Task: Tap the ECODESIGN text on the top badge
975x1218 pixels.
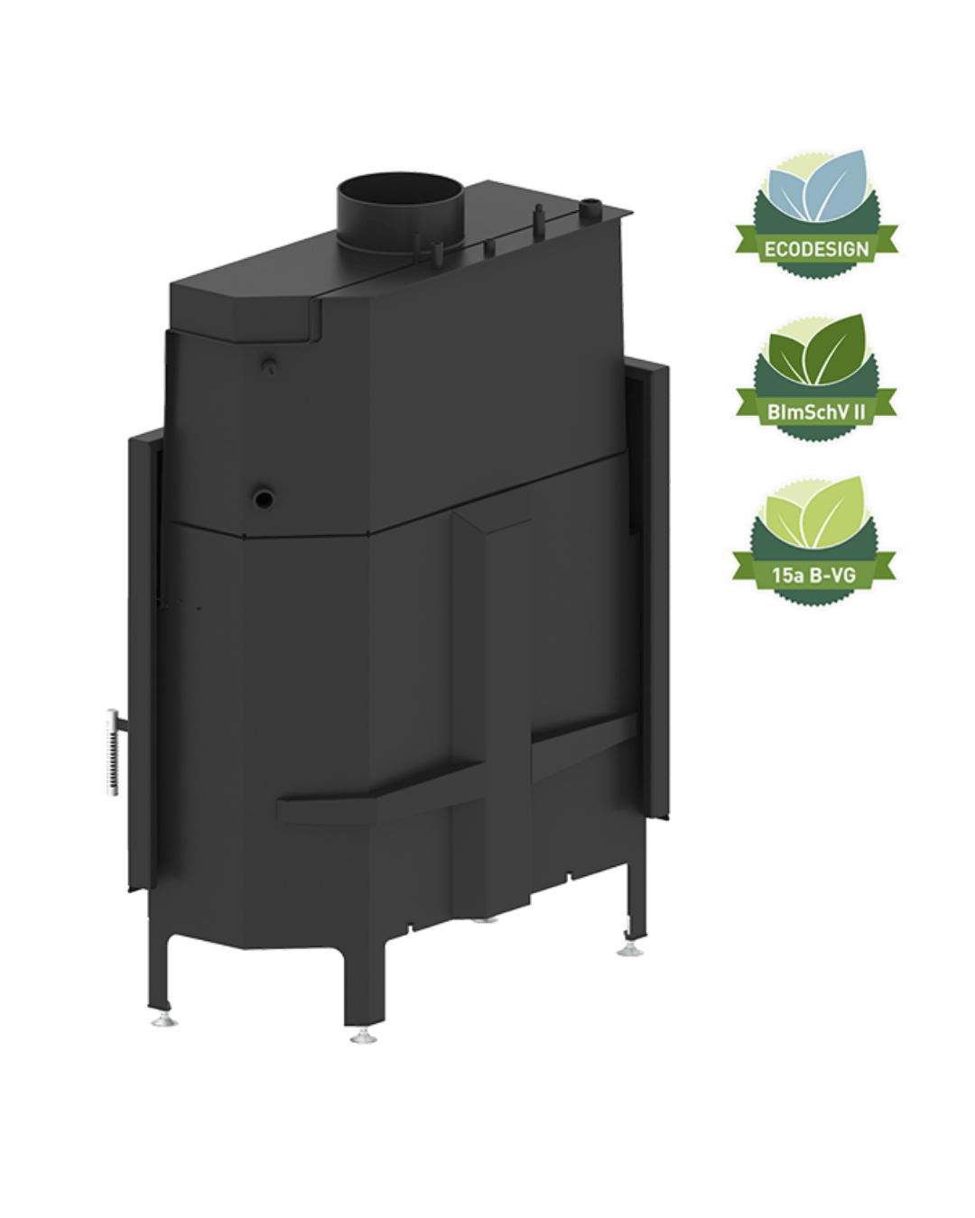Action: click(x=816, y=249)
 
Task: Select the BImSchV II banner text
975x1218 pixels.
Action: click(x=816, y=412)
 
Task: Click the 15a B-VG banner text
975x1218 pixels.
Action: click(x=813, y=576)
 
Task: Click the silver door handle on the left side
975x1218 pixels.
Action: click(x=115, y=752)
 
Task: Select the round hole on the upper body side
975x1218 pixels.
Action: click(x=264, y=498)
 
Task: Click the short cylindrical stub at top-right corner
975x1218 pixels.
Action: click(x=590, y=207)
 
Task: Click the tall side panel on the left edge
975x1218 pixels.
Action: click(x=143, y=660)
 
